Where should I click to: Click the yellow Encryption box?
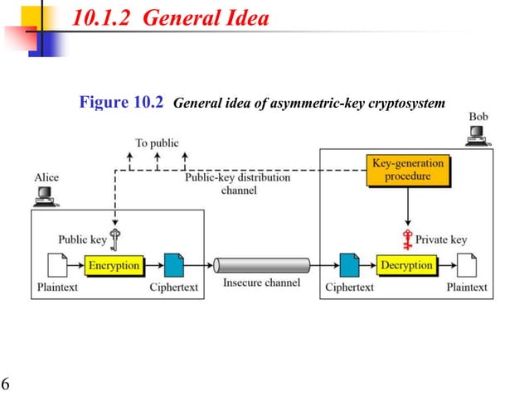(114, 266)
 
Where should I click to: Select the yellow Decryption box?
(406, 266)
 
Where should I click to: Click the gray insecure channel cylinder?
(261, 266)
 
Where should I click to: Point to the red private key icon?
(407, 239)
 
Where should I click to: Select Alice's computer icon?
(45, 196)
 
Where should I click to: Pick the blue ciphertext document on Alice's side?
(174, 266)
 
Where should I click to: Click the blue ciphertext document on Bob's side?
(349, 266)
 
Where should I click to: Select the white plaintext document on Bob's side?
(468, 266)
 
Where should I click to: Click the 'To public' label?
(157, 142)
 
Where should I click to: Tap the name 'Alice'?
(46, 177)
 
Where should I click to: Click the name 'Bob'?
(478, 117)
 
